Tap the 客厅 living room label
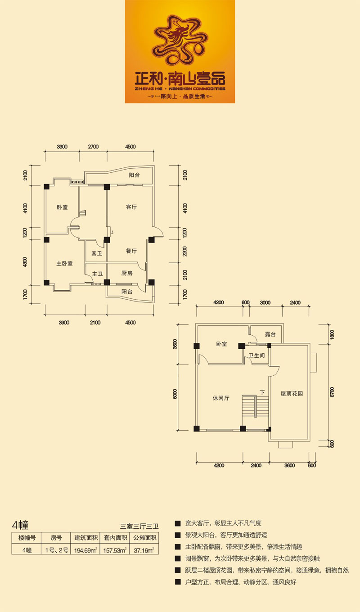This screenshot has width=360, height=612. coord(131,207)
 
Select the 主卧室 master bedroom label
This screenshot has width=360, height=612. coord(64,263)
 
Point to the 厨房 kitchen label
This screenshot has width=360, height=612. coord(127,273)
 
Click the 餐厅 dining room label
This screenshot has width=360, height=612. coord(131,251)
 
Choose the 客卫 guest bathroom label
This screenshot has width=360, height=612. coord(97,253)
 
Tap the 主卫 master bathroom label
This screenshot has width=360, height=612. coord(97,274)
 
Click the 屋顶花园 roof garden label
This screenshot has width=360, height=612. coord(292,393)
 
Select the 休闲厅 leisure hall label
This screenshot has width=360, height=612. coord(221,398)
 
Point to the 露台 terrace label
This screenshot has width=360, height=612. coord(270,334)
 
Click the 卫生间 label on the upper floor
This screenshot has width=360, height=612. coord(256,355)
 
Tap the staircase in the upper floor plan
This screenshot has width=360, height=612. coord(256,406)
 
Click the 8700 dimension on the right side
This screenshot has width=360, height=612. coord(332,392)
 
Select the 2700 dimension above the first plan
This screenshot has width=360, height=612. coord(93,147)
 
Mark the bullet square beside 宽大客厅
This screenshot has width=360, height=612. coord(178,523)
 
